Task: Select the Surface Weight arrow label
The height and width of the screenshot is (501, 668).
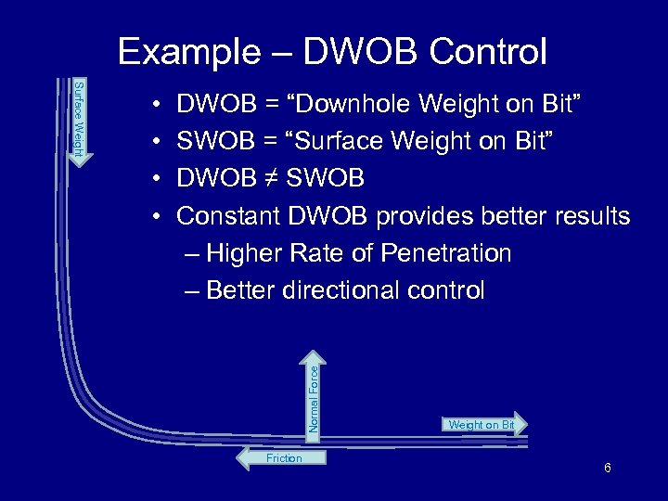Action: [80, 119]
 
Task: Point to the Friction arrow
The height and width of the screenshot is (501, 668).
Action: [282, 458]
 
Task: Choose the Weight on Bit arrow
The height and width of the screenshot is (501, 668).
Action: [482, 425]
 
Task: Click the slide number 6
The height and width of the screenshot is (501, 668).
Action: [607, 468]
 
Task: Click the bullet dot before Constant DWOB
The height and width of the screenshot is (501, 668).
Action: [159, 216]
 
